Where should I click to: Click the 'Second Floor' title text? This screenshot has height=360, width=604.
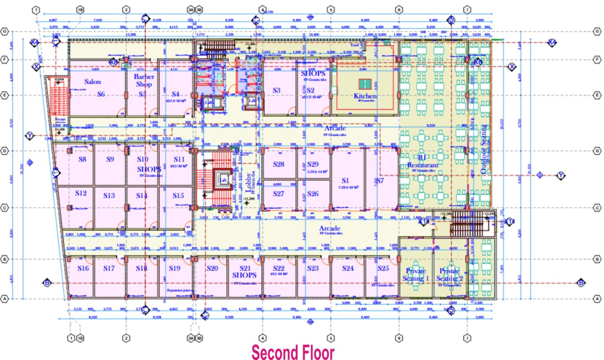coord(293,352)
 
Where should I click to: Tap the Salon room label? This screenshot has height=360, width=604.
coord(93,82)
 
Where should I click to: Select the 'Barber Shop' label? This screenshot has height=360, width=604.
coord(144,80)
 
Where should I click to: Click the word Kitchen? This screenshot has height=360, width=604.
coord(365,96)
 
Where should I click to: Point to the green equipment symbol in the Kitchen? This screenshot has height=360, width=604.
coord(365,84)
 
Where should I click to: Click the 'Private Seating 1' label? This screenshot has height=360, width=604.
coord(416,275)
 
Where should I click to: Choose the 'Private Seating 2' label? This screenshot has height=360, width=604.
coord(449,275)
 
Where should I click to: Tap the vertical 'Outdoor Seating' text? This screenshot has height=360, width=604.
coord(484,149)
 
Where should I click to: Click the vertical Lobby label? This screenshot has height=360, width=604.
coord(249,182)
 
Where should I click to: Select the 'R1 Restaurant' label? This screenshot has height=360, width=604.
coord(422,162)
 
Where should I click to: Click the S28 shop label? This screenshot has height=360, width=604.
coord(278,164)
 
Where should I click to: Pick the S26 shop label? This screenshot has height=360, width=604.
coord(313,194)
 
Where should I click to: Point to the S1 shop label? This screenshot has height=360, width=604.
coord(345,180)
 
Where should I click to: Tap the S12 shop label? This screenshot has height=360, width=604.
coord(81,193)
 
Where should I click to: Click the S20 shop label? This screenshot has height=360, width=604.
coord(212,268)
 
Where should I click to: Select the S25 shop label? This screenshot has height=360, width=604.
coord(383,268)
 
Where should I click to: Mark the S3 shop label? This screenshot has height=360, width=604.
coord(276,90)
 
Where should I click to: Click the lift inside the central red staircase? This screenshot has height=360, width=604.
coord(223,179)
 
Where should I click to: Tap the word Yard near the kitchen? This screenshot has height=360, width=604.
coord(354,45)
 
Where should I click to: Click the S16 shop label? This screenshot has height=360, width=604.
coord(83,268)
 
